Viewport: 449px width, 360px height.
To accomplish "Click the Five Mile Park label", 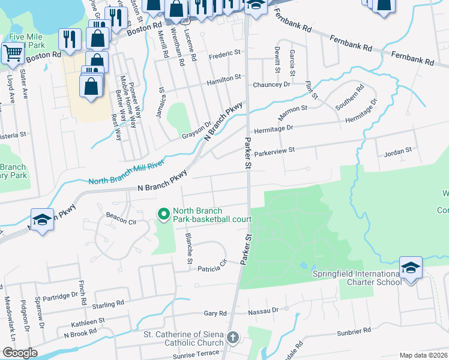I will (26, 41).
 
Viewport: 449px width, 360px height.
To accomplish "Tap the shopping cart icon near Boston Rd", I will (11, 53).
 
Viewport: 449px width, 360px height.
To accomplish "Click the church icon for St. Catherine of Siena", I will (233, 338).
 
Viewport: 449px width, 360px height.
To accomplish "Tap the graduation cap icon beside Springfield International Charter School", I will (411, 268).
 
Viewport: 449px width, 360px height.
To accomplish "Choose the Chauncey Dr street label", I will (271, 85).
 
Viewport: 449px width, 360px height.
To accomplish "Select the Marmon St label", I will (293, 109).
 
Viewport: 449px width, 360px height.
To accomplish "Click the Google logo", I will (20, 353).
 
